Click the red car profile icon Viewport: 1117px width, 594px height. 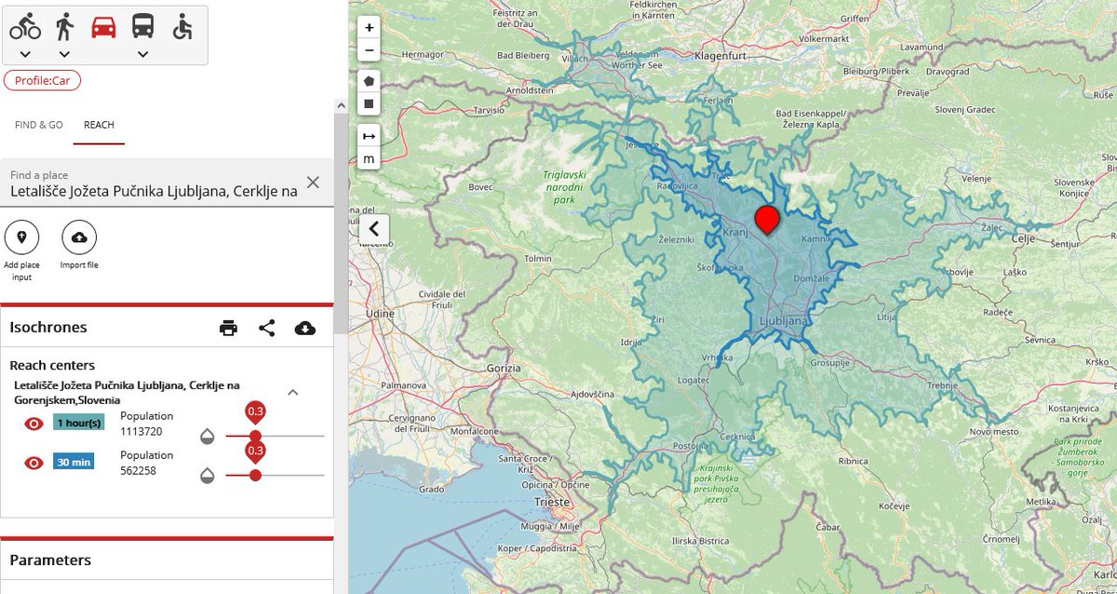(x=103, y=26)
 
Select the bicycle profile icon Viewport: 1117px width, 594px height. (x=25, y=26)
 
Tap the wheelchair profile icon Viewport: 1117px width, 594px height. (x=182, y=26)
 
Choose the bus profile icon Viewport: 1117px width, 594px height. (x=142, y=26)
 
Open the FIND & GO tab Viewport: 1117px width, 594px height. (x=39, y=125)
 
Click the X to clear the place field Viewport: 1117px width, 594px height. (x=313, y=182)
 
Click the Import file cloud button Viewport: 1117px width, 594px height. (x=79, y=238)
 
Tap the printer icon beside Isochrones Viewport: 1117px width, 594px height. (x=228, y=328)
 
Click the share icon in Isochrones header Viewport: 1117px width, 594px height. (x=267, y=328)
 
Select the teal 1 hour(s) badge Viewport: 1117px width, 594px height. (x=78, y=423)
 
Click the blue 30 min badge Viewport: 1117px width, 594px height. (x=74, y=462)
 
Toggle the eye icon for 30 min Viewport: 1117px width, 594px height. (x=34, y=463)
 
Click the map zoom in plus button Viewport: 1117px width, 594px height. (x=370, y=28)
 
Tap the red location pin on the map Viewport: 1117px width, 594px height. (x=767, y=220)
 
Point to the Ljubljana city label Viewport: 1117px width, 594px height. (x=783, y=320)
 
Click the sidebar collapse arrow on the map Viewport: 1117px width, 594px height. (x=373, y=228)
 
